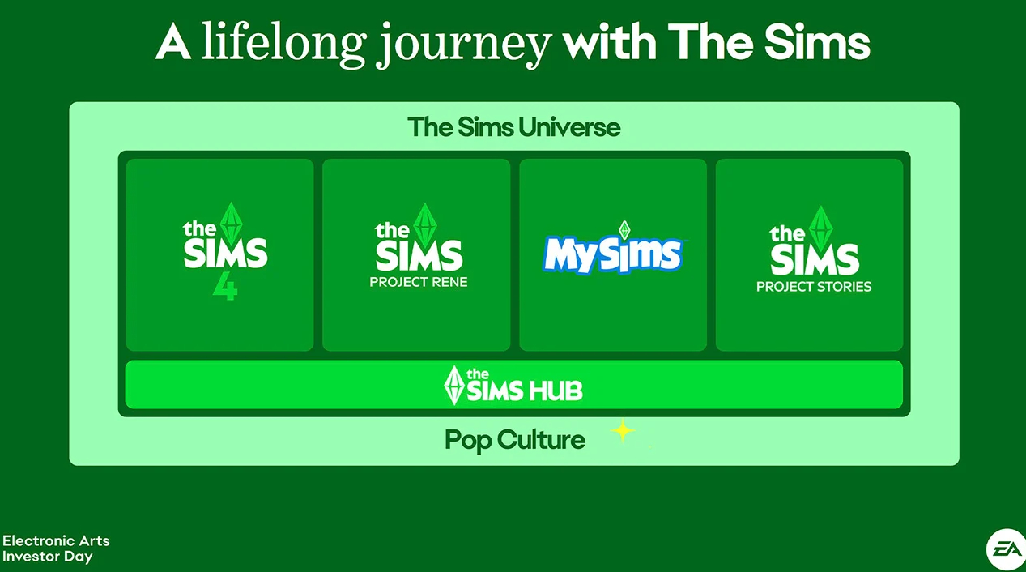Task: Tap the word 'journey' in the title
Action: coord(463,46)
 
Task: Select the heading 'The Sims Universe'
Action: coord(514,127)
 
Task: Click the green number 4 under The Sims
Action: coord(225,286)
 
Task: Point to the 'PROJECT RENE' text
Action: coord(419,282)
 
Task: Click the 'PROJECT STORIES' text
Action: coord(814,287)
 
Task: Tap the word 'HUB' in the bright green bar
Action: coord(556,391)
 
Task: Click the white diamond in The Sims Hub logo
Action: coord(453,385)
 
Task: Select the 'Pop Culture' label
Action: coord(515,440)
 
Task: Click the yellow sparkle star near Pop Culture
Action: coord(623,431)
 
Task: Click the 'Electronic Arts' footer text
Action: coord(56,541)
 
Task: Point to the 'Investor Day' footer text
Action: coord(48,557)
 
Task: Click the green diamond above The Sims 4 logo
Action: coord(231,224)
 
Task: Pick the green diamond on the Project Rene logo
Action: coord(424,224)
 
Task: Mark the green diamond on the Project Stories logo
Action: coord(821,228)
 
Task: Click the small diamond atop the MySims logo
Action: coord(624,229)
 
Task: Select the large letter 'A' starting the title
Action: coord(173,41)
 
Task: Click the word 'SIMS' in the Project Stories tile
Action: coord(814,259)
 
